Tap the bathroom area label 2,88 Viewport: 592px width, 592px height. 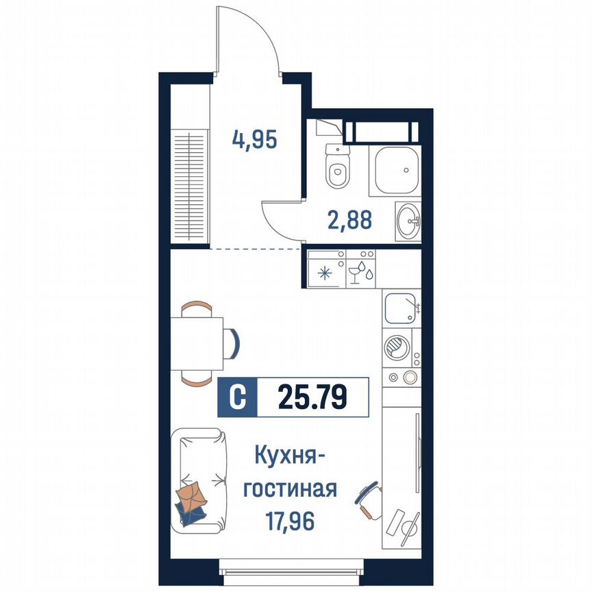click(x=349, y=221)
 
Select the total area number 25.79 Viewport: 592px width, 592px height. click(x=312, y=397)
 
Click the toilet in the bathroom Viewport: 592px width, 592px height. click(x=337, y=170)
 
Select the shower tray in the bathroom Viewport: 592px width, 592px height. click(x=394, y=169)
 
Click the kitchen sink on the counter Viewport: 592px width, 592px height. click(x=401, y=308)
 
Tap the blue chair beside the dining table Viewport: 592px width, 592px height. click(x=234, y=342)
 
